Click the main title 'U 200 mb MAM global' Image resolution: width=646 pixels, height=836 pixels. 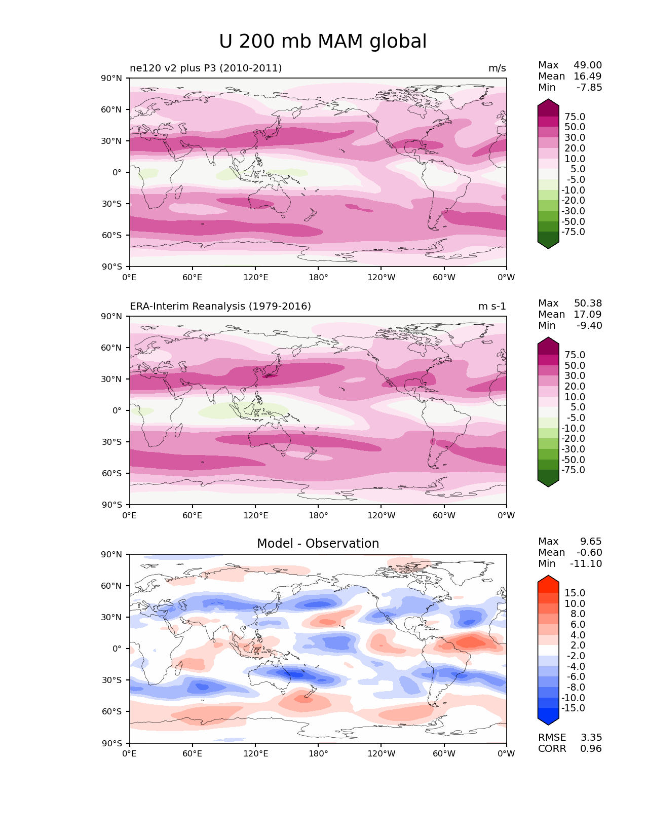pos(323,42)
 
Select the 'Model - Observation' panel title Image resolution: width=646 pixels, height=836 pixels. pos(318,544)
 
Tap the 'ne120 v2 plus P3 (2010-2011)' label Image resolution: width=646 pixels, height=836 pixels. pos(206,68)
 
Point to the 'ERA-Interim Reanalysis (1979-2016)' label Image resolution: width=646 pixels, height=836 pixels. pos(220,307)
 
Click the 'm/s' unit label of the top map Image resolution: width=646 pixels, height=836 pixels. pos(497,68)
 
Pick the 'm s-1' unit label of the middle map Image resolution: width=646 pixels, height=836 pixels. pos(492,307)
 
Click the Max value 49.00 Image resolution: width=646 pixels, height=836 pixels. pos(588,65)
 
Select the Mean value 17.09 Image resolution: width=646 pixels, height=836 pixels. pos(588,315)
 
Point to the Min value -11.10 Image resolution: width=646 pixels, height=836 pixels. pos(586,564)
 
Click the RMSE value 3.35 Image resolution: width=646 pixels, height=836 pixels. pos(591,738)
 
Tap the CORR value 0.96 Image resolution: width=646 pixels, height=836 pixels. pos(591,749)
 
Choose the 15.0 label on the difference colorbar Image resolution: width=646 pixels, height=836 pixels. pos(575,593)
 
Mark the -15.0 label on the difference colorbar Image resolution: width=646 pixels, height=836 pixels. pos(573,708)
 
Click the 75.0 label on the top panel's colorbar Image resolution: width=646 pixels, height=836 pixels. pos(575,117)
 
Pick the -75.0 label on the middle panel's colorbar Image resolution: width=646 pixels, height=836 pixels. pos(573,470)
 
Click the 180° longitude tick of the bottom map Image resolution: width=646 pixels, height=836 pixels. pos(318,754)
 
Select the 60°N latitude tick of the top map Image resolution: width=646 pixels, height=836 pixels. pos(112,109)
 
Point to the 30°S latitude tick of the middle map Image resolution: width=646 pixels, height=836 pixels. pos(112,442)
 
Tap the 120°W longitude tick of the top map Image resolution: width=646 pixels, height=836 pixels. pos(382,278)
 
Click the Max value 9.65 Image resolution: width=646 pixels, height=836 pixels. pos(591,542)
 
